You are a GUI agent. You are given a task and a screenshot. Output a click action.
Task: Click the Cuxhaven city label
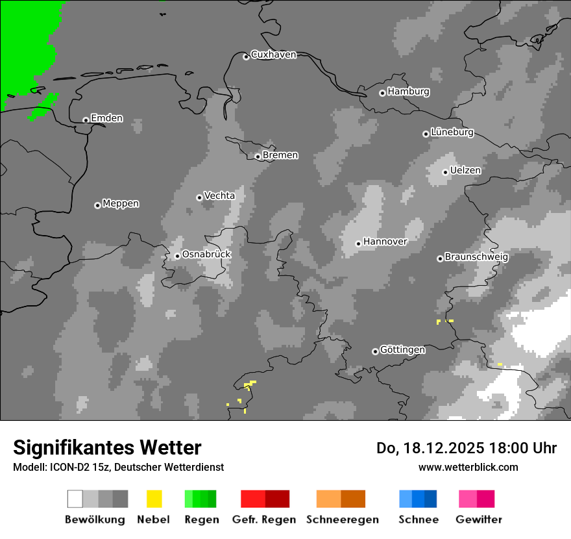(x=273, y=55)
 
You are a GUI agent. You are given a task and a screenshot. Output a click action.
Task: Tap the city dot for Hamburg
(x=382, y=93)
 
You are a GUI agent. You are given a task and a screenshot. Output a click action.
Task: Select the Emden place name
(x=106, y=118)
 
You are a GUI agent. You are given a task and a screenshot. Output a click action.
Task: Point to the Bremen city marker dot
(x=258, y=157)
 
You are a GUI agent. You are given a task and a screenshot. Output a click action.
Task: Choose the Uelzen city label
(x=465, y=170)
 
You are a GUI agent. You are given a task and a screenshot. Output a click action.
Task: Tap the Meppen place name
(x=121, y=203)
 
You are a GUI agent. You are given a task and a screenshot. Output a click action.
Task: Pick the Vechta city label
(x=219, y=195)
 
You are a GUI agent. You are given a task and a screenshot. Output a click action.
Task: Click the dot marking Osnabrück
(x=177, y=256)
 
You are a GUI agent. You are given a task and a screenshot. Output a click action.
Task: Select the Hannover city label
(x=385, y=242)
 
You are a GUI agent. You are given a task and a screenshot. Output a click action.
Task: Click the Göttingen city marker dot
(x=375, y=351)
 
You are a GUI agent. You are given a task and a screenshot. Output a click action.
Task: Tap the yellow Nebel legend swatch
(x=154, y=499)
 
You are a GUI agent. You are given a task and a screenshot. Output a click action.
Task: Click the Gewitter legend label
(x=479, y=520)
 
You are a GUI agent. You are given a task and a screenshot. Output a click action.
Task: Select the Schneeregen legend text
(x=343, y=520)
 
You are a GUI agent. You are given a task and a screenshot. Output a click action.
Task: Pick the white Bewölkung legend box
(x=75, y=499)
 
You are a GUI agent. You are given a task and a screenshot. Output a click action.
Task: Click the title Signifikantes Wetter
(x=107, y=447)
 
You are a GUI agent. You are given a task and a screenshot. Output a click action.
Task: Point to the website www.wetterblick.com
(x=468, y=467)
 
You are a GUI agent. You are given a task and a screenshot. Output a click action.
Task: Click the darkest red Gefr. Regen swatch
(x=277, y=499)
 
